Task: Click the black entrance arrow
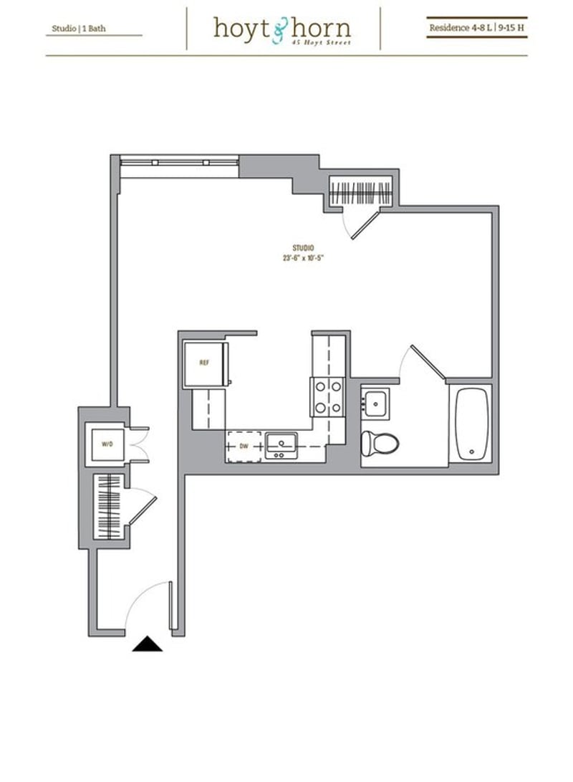[147, 644]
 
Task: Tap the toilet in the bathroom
[378, 442]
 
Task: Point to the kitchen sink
[281, 445]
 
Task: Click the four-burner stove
[327, 396]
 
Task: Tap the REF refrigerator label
[204, 363]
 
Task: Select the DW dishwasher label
[244, 445]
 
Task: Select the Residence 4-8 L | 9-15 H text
[476, 28]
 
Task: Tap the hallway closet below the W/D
[109, 505]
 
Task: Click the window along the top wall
[179, 162]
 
